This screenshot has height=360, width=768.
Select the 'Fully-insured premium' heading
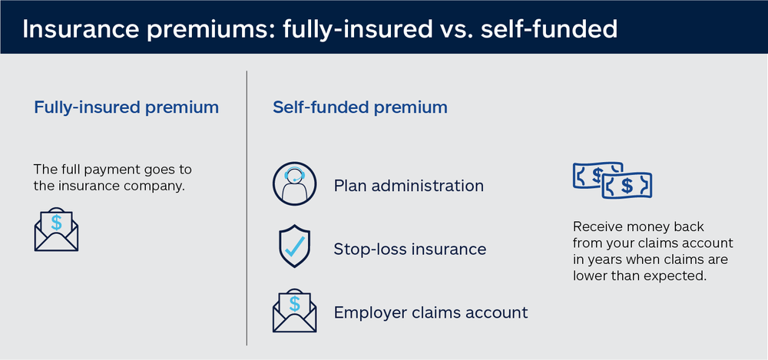126,107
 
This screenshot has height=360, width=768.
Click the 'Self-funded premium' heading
360,107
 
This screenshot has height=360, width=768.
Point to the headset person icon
294,185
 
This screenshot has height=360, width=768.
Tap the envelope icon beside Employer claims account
294,310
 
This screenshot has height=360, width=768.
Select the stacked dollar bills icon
612,180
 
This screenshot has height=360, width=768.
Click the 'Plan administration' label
409,186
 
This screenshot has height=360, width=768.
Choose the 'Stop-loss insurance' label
410,249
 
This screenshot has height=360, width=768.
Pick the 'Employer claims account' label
431,312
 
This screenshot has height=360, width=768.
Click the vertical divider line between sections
247,207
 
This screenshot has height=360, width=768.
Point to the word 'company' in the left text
160,185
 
